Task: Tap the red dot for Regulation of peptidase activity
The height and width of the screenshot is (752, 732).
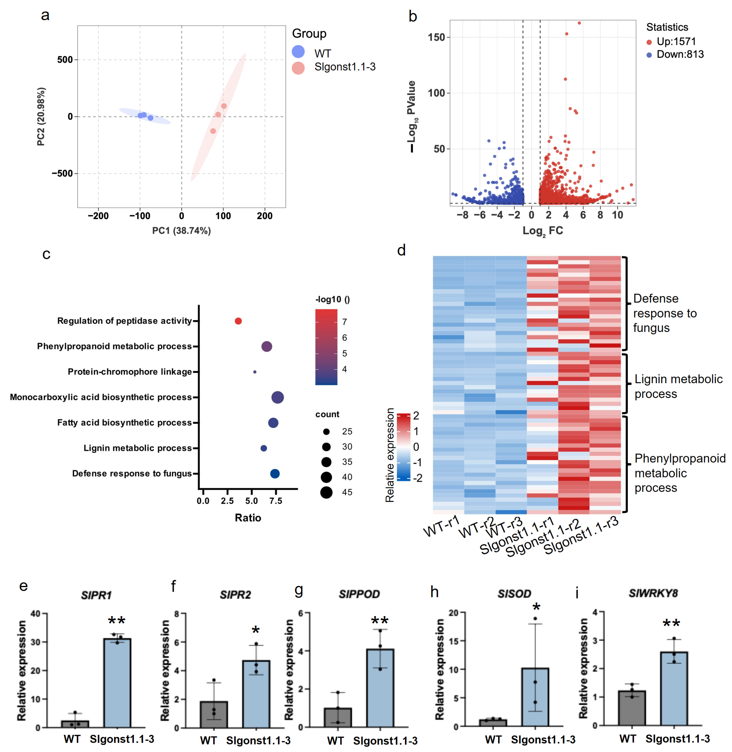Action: [238, 321]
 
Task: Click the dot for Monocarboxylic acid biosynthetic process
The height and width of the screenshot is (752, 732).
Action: [278, 397]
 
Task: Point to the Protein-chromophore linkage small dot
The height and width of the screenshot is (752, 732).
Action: [255, 372]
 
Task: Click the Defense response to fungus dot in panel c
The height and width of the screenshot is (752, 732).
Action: [274, 473]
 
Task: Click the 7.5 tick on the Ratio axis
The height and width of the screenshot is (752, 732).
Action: [276, 501]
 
